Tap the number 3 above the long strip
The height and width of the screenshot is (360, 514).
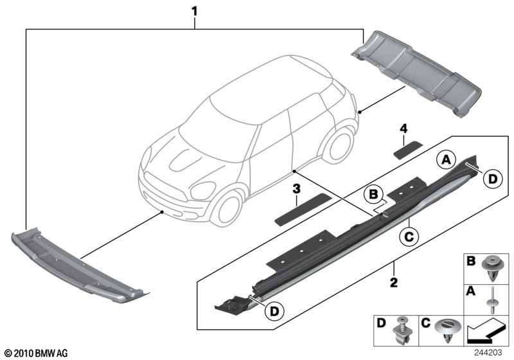pos(296,189)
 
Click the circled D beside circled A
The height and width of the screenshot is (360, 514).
pos(492,181)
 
